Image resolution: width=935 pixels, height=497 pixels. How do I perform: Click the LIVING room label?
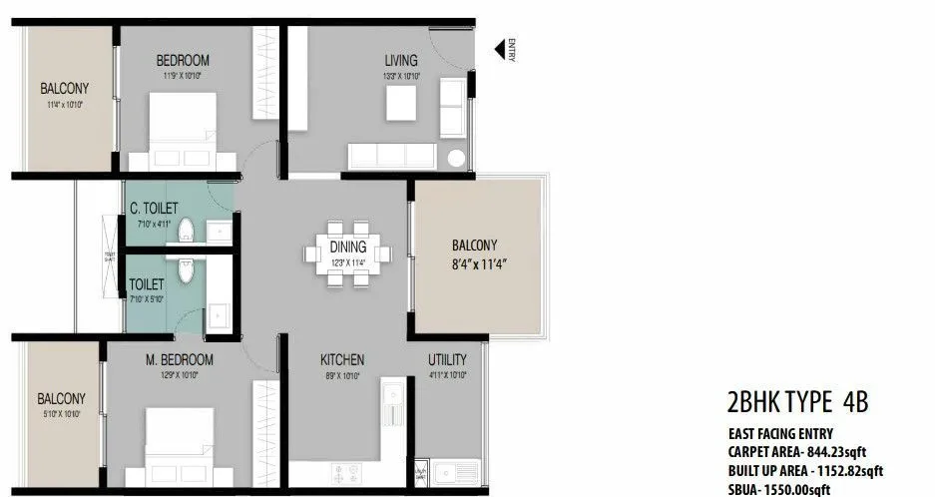click(401, 60)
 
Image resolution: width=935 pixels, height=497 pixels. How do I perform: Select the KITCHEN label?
click(342, 359)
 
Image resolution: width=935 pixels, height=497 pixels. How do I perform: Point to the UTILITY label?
click(448, 359)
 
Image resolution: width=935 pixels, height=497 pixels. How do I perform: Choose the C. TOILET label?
click(154, 208)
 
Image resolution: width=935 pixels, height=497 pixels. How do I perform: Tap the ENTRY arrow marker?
click(501, 50)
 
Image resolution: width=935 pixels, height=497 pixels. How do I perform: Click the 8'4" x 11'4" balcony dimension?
click(481, 264)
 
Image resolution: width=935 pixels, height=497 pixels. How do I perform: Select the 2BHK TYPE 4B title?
click(798, 402)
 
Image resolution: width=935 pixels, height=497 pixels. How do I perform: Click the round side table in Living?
click(457, 158)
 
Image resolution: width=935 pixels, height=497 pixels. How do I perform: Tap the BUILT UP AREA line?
click(805, 470)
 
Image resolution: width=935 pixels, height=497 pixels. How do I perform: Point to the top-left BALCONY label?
click(65, 88)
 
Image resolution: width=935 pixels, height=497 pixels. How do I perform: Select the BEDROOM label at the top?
click(182, 60)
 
